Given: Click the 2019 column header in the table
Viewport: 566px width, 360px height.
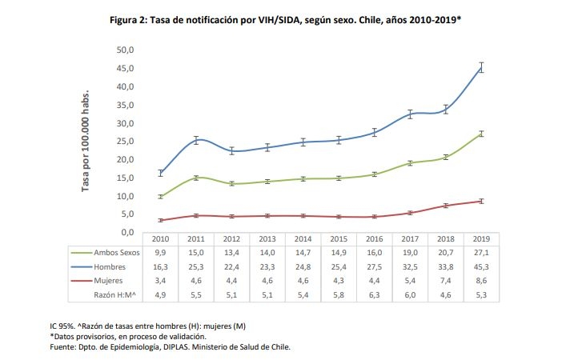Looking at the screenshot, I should coord(481,238).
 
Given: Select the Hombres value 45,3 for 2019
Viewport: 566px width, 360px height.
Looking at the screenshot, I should coord(481,266).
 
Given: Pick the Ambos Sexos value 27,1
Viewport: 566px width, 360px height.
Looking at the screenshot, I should coord(481,251).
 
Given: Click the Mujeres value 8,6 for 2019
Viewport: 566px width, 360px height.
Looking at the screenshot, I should coord(481,281).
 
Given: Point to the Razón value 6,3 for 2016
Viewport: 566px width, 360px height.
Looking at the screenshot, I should coord(375,296).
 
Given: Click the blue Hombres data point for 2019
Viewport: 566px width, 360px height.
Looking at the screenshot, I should coord(481,67).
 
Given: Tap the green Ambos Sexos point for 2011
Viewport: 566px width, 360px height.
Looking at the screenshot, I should coord(196,178).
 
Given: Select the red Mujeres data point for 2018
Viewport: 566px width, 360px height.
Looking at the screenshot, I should coord(446,206).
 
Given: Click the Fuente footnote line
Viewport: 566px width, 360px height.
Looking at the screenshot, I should coord(170,347).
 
